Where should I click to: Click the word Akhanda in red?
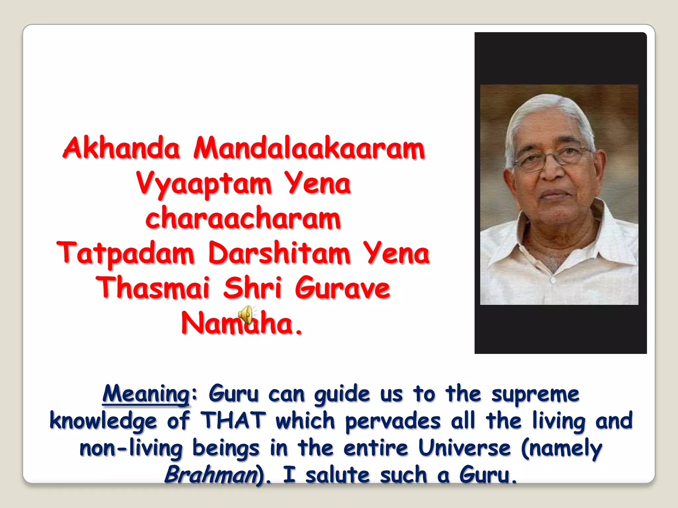[x=121, y=148]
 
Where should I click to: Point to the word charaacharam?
[x=243, y=218]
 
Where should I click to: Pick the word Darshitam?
[x=279, y=253]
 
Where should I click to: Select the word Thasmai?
[x=153, y=288]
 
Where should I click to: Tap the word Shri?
[x=252, y=288]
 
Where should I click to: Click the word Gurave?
[x=343, y=288]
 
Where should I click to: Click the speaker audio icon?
[x=246, y=315]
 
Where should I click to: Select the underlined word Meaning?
[x=146, y=394]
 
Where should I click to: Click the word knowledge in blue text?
[x=103, y=421]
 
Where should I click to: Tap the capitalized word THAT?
[x=233, y=421]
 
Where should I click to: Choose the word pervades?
[x=393, y=421]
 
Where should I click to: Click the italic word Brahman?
[x=211, y=475]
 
